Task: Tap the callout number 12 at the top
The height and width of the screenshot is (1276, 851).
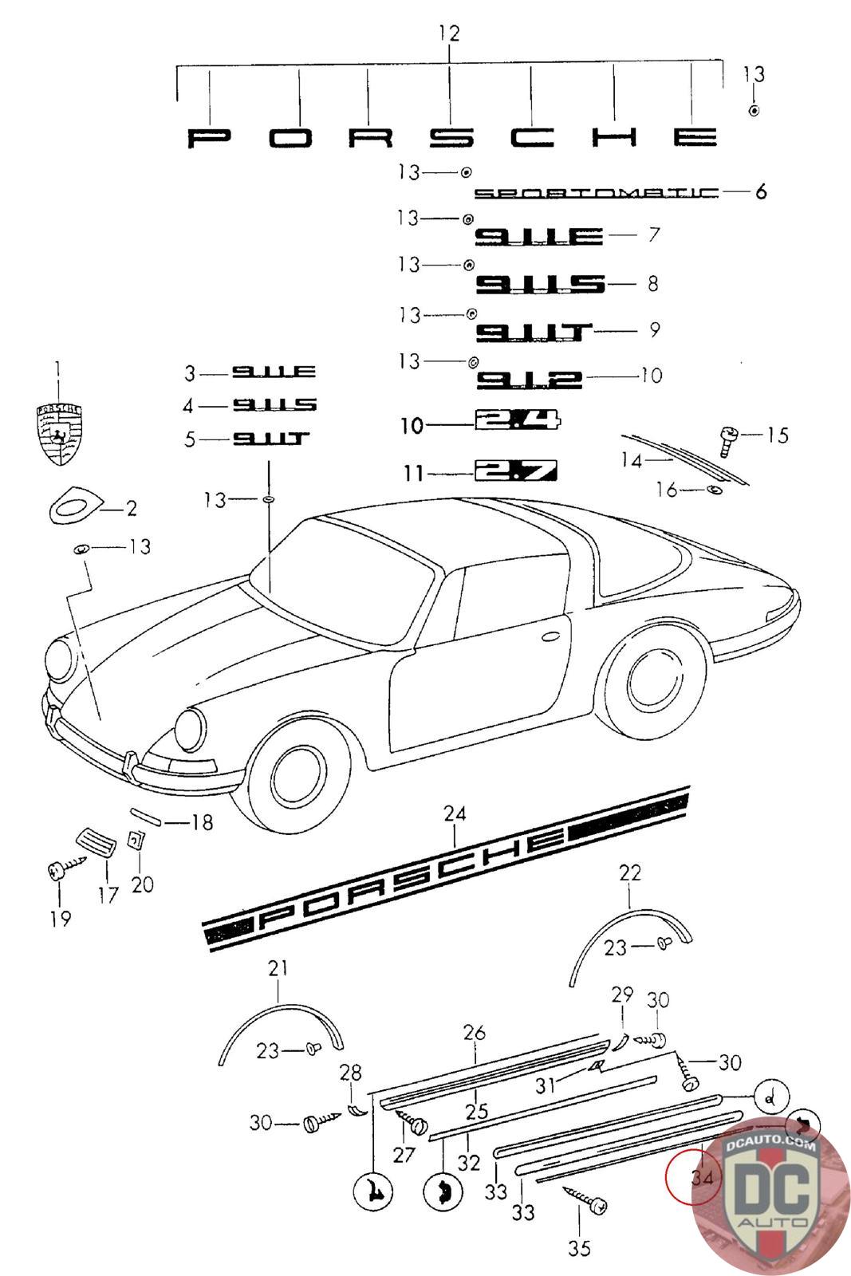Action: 449,33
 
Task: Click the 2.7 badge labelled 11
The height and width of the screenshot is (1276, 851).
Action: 516,471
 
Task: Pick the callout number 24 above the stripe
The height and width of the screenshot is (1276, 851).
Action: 455,814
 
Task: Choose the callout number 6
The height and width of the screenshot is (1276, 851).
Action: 761,192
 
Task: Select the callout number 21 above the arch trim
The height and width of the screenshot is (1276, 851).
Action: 278,969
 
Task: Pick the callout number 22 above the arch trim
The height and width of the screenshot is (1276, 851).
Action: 630,873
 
